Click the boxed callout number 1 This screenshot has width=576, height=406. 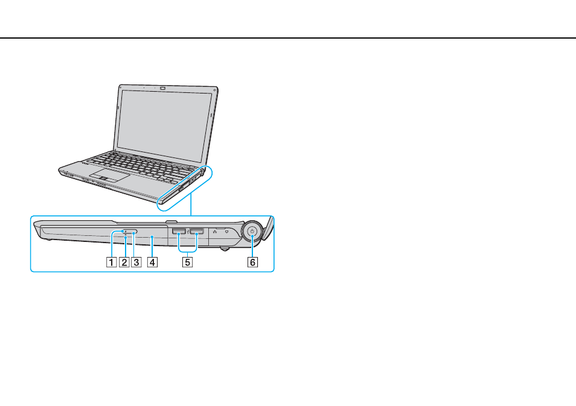coord(111,262)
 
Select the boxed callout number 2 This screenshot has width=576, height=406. coord(124,262)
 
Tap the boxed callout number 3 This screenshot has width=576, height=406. coord(136,262)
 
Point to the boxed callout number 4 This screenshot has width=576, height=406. coord(152,262)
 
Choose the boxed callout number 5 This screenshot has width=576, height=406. coord(187,262)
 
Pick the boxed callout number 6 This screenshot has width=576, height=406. coord(252,262)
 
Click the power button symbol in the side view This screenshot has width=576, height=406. coord(252,231)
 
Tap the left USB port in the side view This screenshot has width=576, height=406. coord(179,231)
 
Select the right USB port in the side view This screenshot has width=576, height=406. coord(197,231)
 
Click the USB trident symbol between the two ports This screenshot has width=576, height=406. coord(188,232)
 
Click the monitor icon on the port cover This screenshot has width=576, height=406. coord(226,232)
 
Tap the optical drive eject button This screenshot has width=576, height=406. coord(130,232)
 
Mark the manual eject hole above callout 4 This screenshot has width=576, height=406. coord(152,237)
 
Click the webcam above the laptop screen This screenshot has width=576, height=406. coord(164,88)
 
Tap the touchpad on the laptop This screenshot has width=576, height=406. coord(109,176)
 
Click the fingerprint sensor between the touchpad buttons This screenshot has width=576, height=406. coord(104,179)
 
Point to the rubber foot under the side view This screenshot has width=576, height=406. coord(225,249)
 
